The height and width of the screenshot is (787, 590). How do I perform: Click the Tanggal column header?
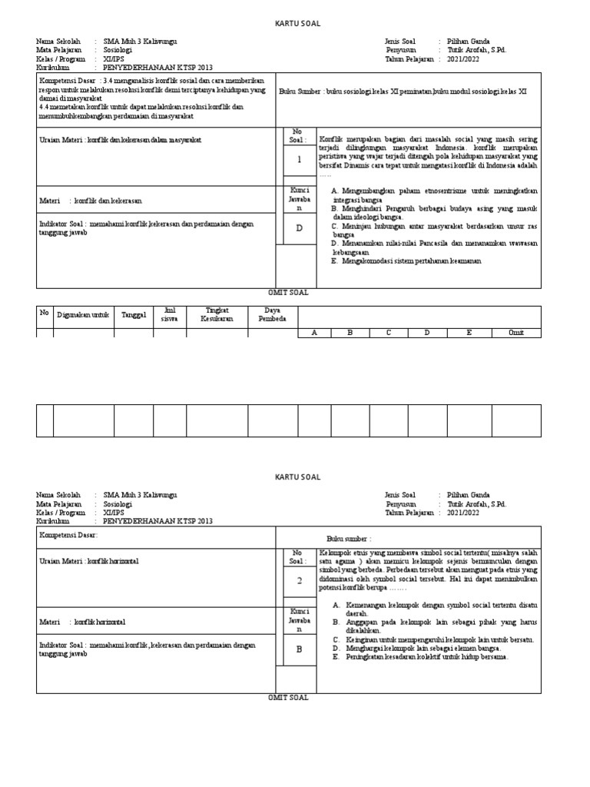(x=134, y=315)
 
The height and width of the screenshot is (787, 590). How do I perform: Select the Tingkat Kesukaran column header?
(x=217, y=314)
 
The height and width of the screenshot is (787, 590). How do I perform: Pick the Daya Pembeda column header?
(x=272, y=314)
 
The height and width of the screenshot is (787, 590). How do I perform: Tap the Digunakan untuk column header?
(x=83, y=315)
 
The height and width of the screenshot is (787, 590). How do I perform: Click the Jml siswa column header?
(x=170, y=314)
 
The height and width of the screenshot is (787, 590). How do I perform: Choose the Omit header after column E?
(x=516, y=333)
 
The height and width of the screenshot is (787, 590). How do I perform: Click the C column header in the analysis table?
(x=388, y=333)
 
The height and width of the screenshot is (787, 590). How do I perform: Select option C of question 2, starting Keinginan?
(x=433, y=639)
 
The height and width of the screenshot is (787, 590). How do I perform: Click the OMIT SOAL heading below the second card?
(x=287, y=697)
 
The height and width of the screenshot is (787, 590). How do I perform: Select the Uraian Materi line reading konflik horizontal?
(x=89, y=561)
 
